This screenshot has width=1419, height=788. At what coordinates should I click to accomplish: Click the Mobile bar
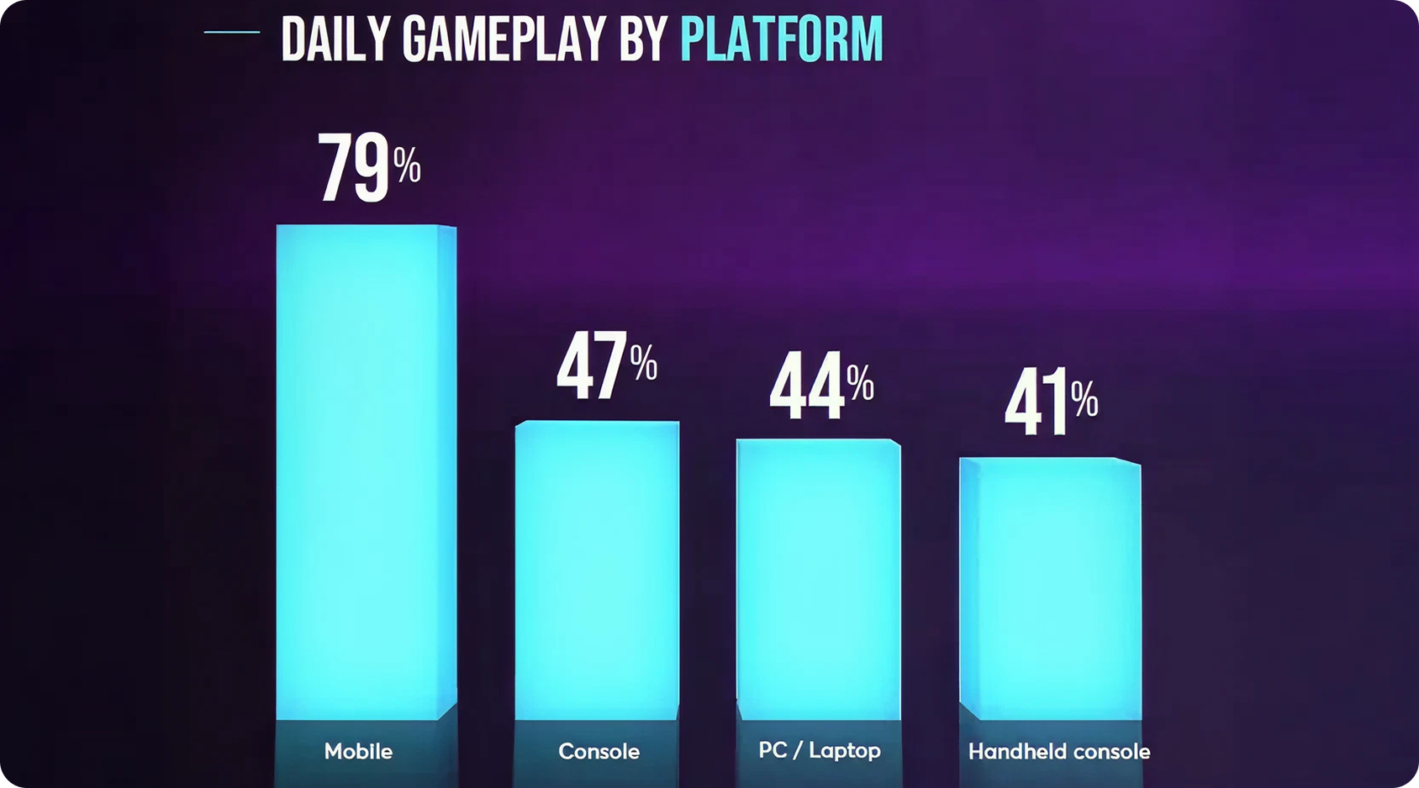pos(366,470)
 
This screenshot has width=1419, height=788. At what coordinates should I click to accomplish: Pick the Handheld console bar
pos(1050,588)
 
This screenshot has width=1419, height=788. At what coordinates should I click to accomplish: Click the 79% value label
pos(368,168)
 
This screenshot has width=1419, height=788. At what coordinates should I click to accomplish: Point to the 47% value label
pos(606,365)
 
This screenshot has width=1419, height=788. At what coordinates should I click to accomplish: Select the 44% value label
pos(821,385)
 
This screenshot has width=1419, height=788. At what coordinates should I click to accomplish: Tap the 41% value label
pos(1051,402)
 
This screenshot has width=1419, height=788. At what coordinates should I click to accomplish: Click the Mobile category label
pos(358,751)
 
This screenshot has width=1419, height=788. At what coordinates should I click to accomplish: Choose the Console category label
pos(599,751)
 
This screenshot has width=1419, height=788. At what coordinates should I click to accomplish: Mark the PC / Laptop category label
pos(819,750)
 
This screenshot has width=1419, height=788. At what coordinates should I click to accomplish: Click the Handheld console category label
pos(1058,751)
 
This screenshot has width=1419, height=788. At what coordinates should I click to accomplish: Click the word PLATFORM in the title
pos(781,39)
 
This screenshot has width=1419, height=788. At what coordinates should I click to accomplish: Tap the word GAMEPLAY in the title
pos(504,39)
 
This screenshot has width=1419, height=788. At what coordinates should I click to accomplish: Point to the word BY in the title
pos(643,39)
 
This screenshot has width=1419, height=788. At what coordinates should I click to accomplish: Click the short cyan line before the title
pos(232,32)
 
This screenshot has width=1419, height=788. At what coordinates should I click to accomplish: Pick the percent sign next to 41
pos(1084,399)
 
